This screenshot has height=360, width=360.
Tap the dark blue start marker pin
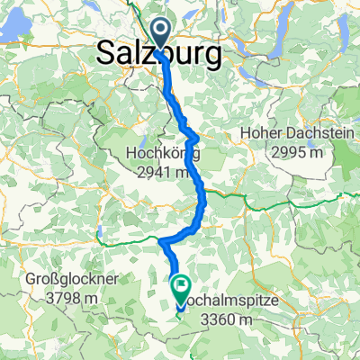[x=161, y=33]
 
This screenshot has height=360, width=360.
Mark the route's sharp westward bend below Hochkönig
[x=161, y=242]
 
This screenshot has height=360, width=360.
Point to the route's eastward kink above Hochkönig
[x=195, y=136]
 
